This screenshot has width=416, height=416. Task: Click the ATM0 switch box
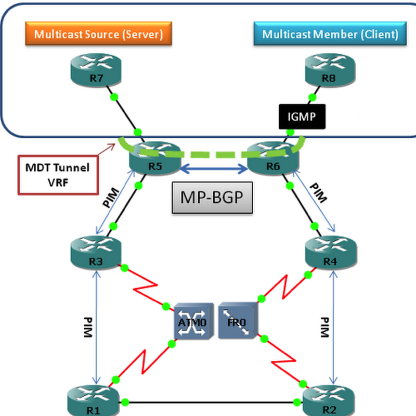pos(193,321)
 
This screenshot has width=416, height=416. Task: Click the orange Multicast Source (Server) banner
pos(98,35)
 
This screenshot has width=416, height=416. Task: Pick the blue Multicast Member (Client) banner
pos(330,35)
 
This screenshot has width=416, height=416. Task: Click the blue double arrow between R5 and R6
pos(213,168)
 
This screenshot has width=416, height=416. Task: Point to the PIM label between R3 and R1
pos(87,327)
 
